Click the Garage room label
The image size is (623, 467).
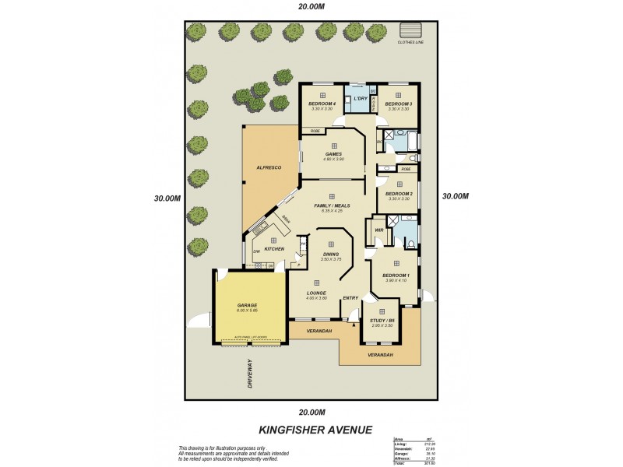click(247, 304)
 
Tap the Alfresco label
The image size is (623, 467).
click(269, 167)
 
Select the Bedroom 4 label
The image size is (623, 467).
click(322, 104)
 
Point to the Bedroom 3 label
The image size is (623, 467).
click(398, 104)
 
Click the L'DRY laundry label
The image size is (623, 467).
click(360, 100)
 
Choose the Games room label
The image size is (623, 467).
click(333, 154)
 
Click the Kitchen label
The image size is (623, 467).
click(273, 248)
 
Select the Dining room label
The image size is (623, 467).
click(331, 253)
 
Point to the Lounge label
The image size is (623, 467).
click(316, 293)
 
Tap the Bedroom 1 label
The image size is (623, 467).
click(396, 275)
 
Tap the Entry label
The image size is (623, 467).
click(350, 297)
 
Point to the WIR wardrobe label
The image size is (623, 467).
click(379, 230)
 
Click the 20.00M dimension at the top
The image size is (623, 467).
click(311, 7)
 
